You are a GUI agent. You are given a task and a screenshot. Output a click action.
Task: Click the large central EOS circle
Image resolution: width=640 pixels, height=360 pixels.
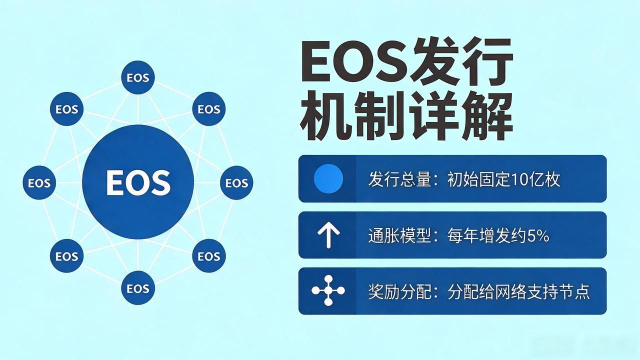(x=138, y=182)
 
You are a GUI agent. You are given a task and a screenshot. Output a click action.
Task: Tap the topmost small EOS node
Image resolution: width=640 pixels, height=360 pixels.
(x=138, y=77)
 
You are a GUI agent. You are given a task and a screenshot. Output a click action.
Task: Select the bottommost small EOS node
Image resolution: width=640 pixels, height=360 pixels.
(x=138, y=287)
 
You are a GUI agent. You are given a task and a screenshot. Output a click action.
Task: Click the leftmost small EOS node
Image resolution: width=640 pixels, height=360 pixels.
(x=39, y=182)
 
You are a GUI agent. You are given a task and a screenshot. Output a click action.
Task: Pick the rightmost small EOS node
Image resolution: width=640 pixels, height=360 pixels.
(x=236, y=182)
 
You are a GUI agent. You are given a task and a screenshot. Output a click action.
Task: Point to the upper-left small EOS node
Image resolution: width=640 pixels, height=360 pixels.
(x=66, y=109)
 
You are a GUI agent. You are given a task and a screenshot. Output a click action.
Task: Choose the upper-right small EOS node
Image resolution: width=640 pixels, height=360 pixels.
(x=209, y=109)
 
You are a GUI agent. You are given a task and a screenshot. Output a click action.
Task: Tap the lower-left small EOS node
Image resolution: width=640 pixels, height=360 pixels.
(x=66, y=255)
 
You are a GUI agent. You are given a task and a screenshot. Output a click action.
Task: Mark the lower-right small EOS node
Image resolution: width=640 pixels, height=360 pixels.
(x=209, y=255)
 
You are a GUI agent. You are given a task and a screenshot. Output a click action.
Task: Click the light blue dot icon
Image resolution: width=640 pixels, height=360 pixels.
(x=328, y=178)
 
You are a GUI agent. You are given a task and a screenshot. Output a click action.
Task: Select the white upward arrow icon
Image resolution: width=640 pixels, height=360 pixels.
(x=328, y=235)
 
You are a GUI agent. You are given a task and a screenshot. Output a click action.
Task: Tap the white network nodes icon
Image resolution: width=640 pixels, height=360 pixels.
(x=328, y=290)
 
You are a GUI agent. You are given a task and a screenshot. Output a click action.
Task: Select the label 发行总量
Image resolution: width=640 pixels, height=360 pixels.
(x=399, y=179)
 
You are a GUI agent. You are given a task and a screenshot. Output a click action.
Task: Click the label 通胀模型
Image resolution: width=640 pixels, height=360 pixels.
(x=399, y=236)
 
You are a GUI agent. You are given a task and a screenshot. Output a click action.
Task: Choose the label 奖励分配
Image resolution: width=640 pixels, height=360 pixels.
(x=399, y=291)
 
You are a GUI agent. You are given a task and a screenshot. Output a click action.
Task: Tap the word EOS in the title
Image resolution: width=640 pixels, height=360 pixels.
(x=354, y=61)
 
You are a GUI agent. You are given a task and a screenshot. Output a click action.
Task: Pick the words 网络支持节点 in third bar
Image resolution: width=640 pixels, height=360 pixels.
(x=542, y=291)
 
